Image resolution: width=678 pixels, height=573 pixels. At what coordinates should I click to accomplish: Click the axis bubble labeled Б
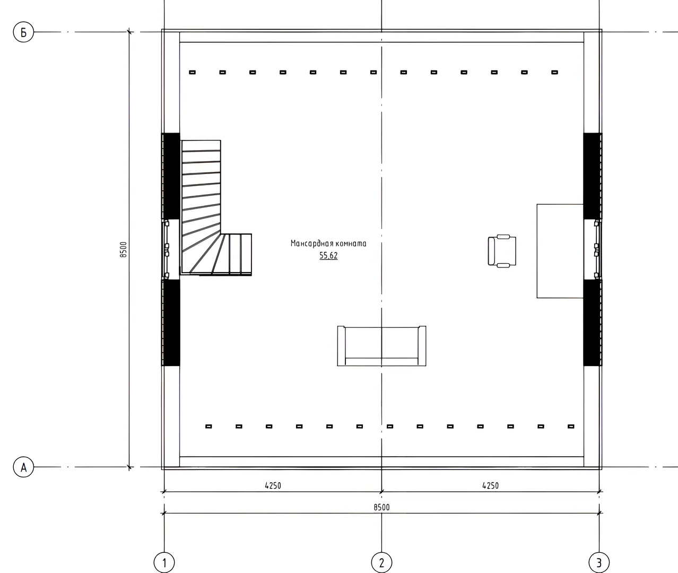(x=23, y=32)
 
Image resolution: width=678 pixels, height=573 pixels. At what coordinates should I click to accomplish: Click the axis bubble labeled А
(x=23, y=467)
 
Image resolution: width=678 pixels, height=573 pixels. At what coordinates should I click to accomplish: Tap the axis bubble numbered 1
(x=164, y=562)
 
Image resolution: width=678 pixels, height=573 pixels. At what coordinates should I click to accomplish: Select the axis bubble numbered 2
(x=381, y=562)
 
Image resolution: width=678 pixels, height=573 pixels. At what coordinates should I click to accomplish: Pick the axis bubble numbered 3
(x=599, y=562)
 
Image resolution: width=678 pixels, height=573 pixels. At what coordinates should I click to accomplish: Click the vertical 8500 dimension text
(x=124, y=249)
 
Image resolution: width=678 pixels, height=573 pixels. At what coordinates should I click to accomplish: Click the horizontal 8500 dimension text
(x=381, y=507)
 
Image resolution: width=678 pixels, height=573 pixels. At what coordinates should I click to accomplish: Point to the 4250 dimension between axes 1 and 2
(x=273, y=485)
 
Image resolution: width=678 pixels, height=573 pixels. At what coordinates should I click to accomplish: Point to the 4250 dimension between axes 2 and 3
(x=490, y=485)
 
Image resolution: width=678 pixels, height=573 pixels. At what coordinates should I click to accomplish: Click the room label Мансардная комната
(x=328, y=244)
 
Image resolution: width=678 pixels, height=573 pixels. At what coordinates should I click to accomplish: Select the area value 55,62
(x=328, y=256)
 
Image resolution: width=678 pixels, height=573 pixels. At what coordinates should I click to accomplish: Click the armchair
(x=502, y=251)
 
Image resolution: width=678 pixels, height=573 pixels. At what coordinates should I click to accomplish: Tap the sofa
(x=381, y=345)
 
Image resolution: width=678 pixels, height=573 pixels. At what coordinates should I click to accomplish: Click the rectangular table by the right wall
(x=560, y=251)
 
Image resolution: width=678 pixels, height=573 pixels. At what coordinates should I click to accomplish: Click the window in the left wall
(x=167, y=249)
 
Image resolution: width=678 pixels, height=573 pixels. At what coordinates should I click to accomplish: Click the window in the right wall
(x=596, y=249)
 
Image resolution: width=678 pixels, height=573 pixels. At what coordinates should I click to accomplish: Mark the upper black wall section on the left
(x=171, y=176)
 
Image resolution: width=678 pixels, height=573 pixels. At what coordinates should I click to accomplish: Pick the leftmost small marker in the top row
(x=192, y=72)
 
